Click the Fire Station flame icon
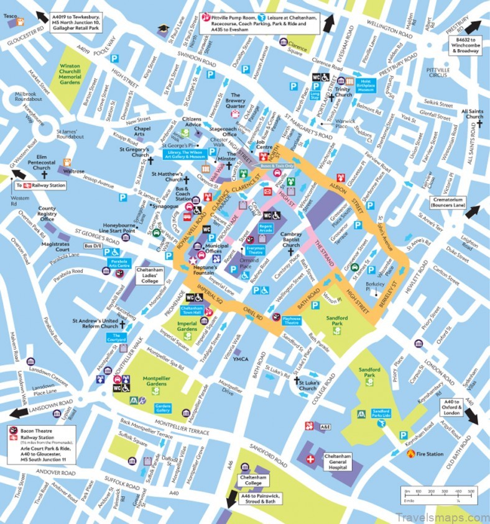tap(410, 454)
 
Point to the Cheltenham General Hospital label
tap(341, 459)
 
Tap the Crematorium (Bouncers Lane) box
tap(446, 201)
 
